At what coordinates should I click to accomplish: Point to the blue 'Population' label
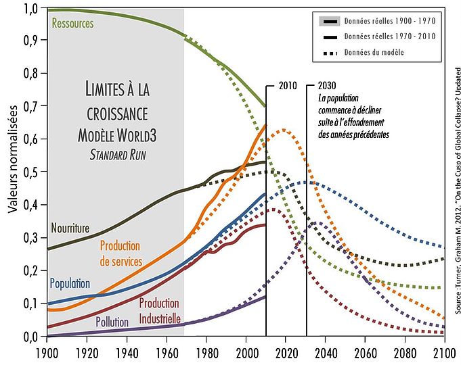click(x=70, y=283)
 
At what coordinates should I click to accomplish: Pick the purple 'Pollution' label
click(x=112, y=323)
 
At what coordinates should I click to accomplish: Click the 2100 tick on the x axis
click(x=443, y=351)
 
